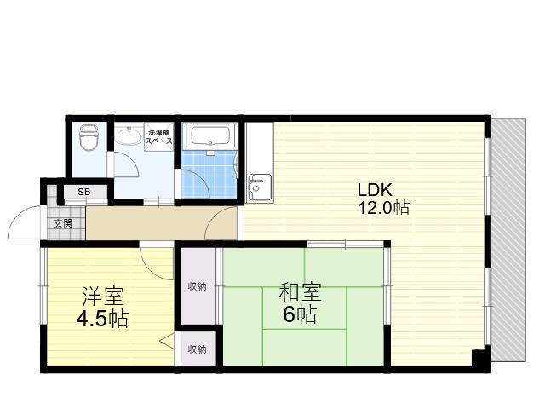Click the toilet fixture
coord(89,137)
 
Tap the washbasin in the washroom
coord(129,135)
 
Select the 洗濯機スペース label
coord(159,136)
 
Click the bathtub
coord(210,136)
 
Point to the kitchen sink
coord(259,187)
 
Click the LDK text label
coord(375,190)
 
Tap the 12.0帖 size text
coord(383,208)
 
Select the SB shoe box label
coord(84,192)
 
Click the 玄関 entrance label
coord(63,223)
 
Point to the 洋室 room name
coord(102,296)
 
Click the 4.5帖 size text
coord(102,318)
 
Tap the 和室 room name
coord(300,292)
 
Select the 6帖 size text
coord(300,314)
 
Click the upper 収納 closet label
coord(197,286)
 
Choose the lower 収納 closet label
coord(197,349)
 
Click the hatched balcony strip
coord(508,240)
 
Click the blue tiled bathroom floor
coord(209,174)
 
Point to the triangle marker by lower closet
coord(167,341)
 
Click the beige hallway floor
coord(162,222)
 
